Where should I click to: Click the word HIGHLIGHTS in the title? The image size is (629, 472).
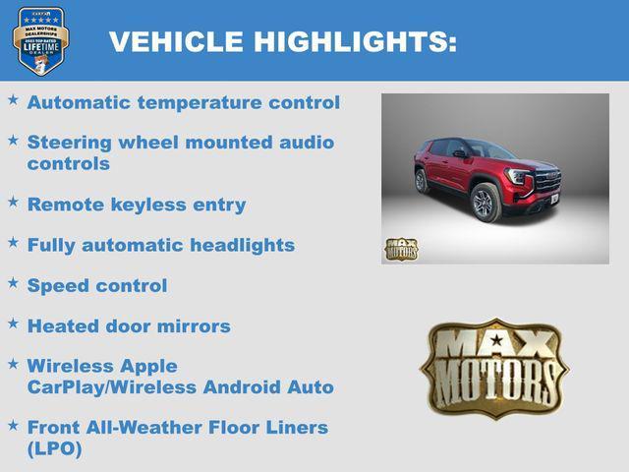tap(355, 41)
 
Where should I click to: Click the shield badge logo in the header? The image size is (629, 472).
tap(40, 40)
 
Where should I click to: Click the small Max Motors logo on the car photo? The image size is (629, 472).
tap(401, 249)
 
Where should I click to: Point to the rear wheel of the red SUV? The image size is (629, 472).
tap(422, 180)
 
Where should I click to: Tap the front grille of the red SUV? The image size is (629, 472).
tap(546, 181)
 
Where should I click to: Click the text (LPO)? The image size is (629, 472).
tap(55, 448)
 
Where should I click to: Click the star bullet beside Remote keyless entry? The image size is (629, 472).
tap(13, 201)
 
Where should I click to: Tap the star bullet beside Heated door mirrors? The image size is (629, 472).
tap(13, 322)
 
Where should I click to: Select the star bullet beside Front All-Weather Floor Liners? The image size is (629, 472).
tap(13, 424)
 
